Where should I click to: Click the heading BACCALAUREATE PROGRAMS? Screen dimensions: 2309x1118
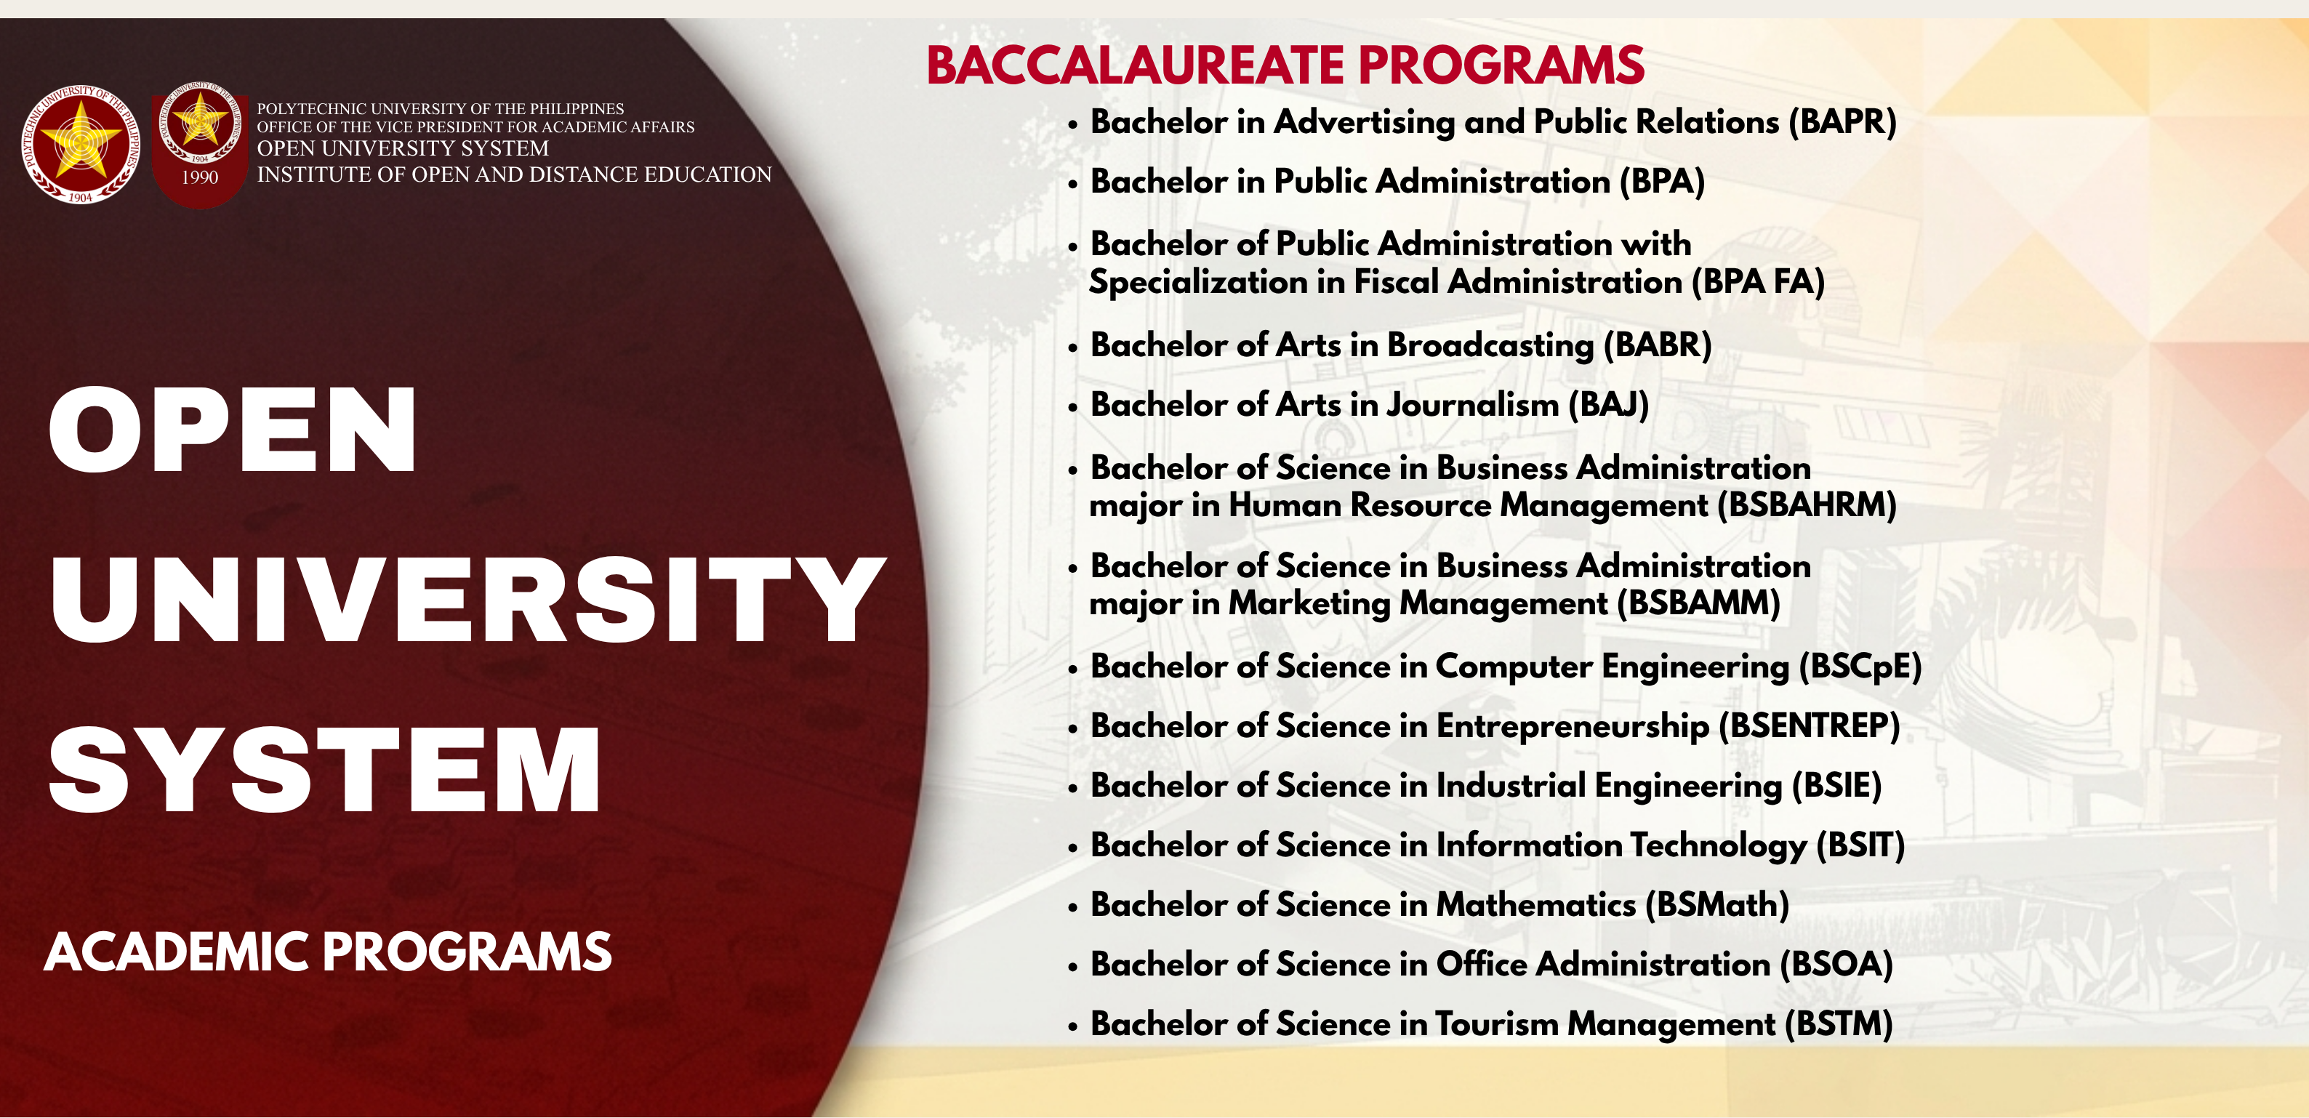[1285, 65]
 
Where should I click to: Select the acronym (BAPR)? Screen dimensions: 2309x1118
[1843, 122]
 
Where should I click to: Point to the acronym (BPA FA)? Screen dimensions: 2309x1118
[1758, 283]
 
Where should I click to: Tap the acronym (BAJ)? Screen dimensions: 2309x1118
[1608, 405]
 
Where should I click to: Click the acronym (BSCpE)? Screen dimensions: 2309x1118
[1860, 667]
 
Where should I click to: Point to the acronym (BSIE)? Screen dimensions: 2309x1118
[1836, 787]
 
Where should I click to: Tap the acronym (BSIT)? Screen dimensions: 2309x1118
[1860, 845]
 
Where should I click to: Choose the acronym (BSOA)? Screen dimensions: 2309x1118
[1836, 965]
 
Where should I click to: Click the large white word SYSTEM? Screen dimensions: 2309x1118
[324, 770]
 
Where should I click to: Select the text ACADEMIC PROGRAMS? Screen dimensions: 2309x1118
[328, 952]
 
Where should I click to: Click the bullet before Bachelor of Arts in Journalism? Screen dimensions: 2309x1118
[1072, 408]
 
